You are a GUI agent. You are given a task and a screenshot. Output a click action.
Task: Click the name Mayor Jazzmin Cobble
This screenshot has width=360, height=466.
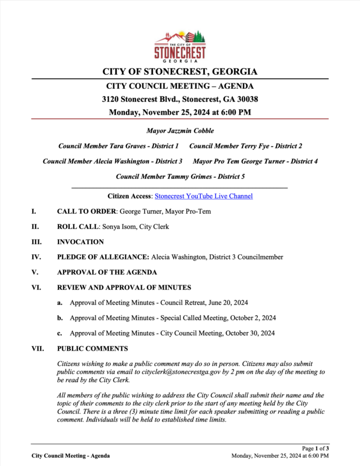pos(180,131)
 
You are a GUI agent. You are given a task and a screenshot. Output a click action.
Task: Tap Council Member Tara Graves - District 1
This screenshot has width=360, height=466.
pos(119,146)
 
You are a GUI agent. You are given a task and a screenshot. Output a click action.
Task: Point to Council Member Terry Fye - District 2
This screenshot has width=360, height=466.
pos(246,146)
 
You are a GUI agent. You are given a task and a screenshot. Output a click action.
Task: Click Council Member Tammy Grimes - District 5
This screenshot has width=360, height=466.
pos(180,176)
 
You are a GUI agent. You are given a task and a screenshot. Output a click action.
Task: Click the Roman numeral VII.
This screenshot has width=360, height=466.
pos(38,348)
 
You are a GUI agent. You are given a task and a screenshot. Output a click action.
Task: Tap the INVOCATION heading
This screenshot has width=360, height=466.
pos(80,242)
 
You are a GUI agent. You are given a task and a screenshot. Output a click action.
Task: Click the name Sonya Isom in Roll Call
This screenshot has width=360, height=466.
pos(119,227)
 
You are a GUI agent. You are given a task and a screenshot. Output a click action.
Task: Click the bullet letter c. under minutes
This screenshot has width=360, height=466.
pos(59,333)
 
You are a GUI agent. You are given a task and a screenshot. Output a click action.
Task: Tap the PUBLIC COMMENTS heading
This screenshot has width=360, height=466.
pos(92,348)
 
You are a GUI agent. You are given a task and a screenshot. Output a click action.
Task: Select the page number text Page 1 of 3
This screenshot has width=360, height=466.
pos(316,448)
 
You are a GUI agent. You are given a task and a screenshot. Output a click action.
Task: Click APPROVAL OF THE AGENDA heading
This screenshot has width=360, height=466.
pos(107,272)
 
